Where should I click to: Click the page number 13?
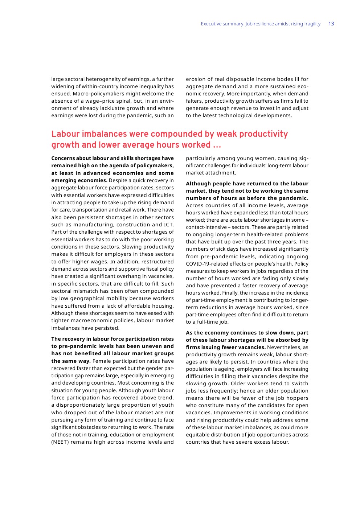click(331, 24)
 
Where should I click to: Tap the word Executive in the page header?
click(211, 24)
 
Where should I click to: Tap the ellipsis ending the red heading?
click(217, 145)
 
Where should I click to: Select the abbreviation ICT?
click(168, 225)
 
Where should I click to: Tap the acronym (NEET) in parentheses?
click(61, 442)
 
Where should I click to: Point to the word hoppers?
click(298, 398)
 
